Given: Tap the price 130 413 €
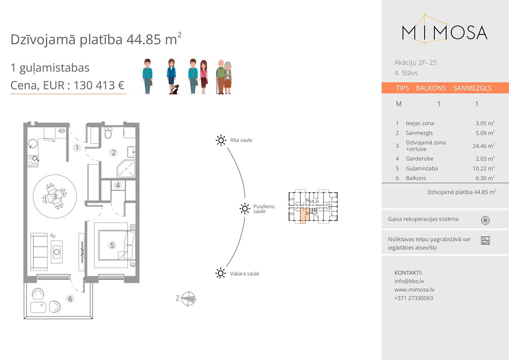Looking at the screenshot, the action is click(x=99, y=85).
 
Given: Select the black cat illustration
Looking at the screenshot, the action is click(x=175, y=89).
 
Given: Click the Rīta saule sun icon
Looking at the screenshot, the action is click(x=221, y=140).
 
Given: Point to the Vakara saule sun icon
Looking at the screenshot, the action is click(x=221, y=273).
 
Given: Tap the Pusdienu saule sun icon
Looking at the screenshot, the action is click(x=245, y=208).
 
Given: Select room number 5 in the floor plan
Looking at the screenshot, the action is click(x=112, y=245).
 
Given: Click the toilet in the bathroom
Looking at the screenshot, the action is click(x=108, y=133).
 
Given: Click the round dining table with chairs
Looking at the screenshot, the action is click(x=55, y=196).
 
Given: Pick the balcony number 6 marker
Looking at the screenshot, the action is click(x=70, y=299).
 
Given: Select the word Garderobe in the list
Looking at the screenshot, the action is click(x=420, y=159).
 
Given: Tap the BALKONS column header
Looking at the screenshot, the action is click(x=431, y=88).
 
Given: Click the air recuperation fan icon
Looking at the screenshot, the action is click(x=485, y=220).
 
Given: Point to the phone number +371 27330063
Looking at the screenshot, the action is click(x=414, y=298).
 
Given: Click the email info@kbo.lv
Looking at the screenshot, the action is click(x=409, y=281).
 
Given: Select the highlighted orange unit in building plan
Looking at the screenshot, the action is click(x=303, y=216).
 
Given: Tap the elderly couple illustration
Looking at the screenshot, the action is click(x=224, y=77).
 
